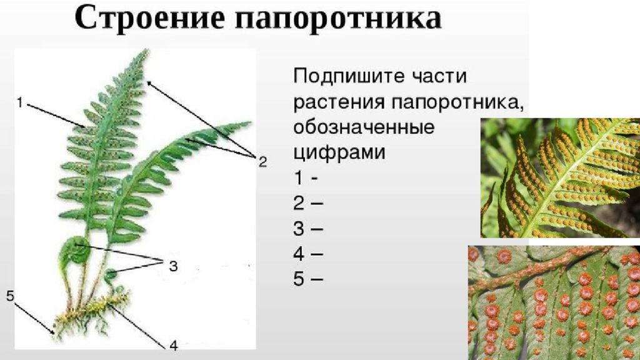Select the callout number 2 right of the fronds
pyautogui.click(x=262, y=162)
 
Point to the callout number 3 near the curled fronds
pyautogui.click(x=172, y=266)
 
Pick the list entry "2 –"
pyautogui.click(x=308, y=203)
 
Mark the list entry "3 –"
pyautogui.click(x=308, y=228)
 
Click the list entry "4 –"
pyautogui.click(x=308, y=254)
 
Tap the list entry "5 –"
pyautogui.click(x=308, y=279)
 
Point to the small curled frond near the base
pyautogui.click(x=111, y=274)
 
